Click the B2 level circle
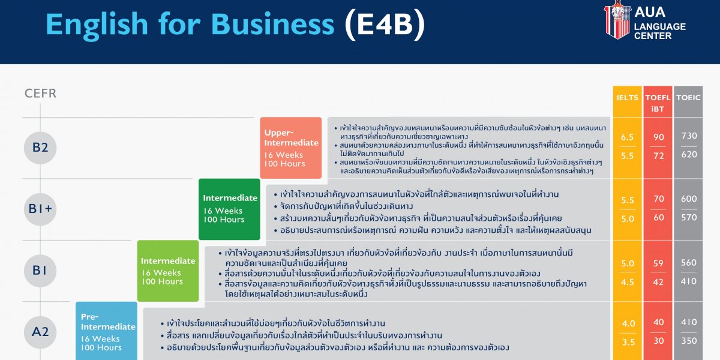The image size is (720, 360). coord(40,148)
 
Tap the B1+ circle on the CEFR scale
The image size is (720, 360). coord(40,209)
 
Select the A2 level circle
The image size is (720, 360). coord(40,332)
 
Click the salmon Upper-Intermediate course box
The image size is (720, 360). coord(290,148)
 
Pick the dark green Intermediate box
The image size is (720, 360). coord(229,209)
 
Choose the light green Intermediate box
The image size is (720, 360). coord(168,271)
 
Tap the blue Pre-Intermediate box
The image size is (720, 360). coord(106,331)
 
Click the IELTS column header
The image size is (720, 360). coord(627,98)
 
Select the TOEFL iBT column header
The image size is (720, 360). coord(658,103)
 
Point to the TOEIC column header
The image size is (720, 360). coord(688,98)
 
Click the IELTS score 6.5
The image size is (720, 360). coord(627,137)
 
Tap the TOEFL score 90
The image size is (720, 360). coord(658,137)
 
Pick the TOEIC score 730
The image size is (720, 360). coord(689,136)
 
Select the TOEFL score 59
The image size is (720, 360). coord(658,263)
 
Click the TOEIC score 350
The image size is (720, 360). coord(689,341)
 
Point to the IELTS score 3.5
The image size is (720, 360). coord(628,343)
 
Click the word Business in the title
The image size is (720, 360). coord(272,25)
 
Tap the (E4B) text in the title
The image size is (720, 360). coord(385,25)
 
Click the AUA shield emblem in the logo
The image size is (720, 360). coord(617,20)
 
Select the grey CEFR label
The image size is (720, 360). coord(41,94)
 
